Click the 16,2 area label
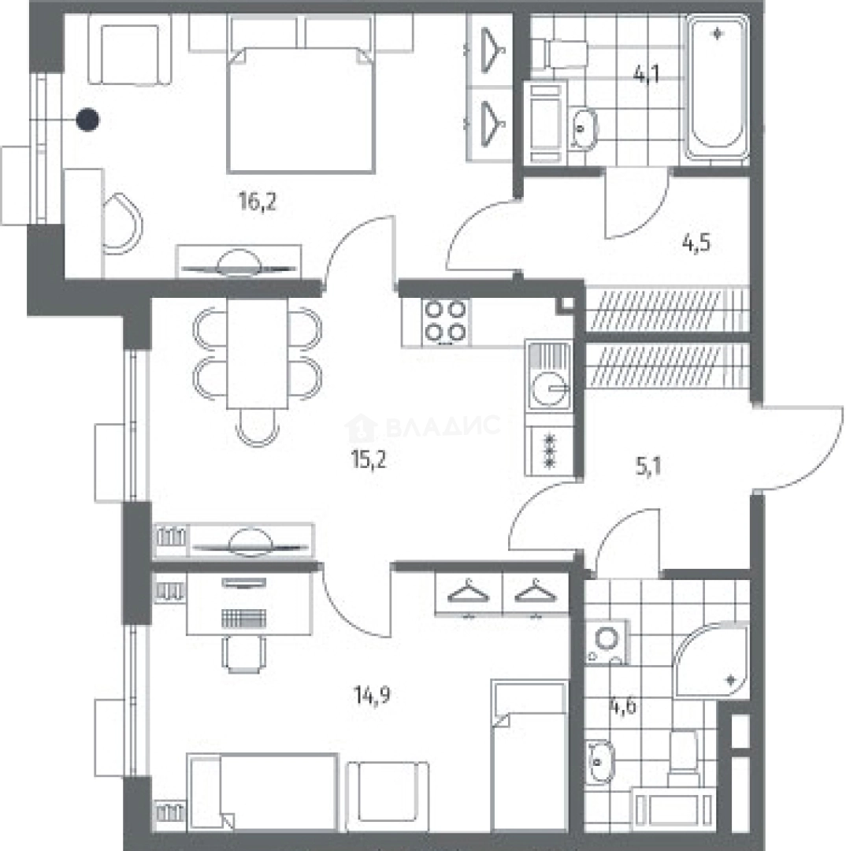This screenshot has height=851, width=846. (x=258, y=202)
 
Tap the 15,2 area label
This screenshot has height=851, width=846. (x=369, y=459)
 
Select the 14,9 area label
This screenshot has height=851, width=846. (x=373, y=695)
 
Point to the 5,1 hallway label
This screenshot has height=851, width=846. (x=648, y=466)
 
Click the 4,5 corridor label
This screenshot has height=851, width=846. (x=696, y=243)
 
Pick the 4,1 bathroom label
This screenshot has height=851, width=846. (x=647, y=73)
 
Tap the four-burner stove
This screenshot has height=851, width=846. (x=446, y=321)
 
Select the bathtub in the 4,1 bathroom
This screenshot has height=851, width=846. (x=717, y=87)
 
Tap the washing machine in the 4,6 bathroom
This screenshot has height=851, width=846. (x=607, y=641)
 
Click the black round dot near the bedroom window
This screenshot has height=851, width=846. (x=87, y=120)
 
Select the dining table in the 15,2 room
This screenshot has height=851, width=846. (x=258, y=353)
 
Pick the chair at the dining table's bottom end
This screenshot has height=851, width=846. (x=258, y=428)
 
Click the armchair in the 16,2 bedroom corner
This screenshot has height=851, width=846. (x=130, y=50)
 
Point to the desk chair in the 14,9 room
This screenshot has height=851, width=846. (x=244, y=654)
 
